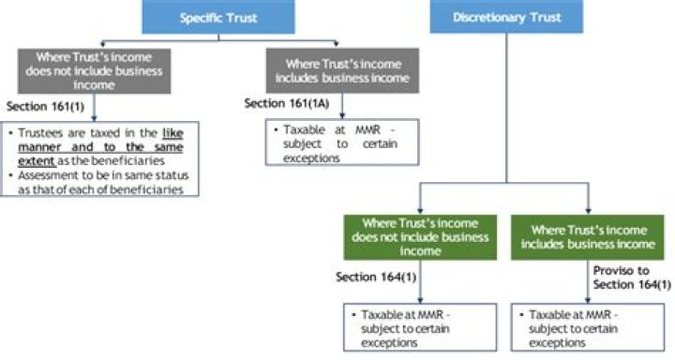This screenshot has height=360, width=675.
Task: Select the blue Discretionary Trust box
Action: click(509, 16)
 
